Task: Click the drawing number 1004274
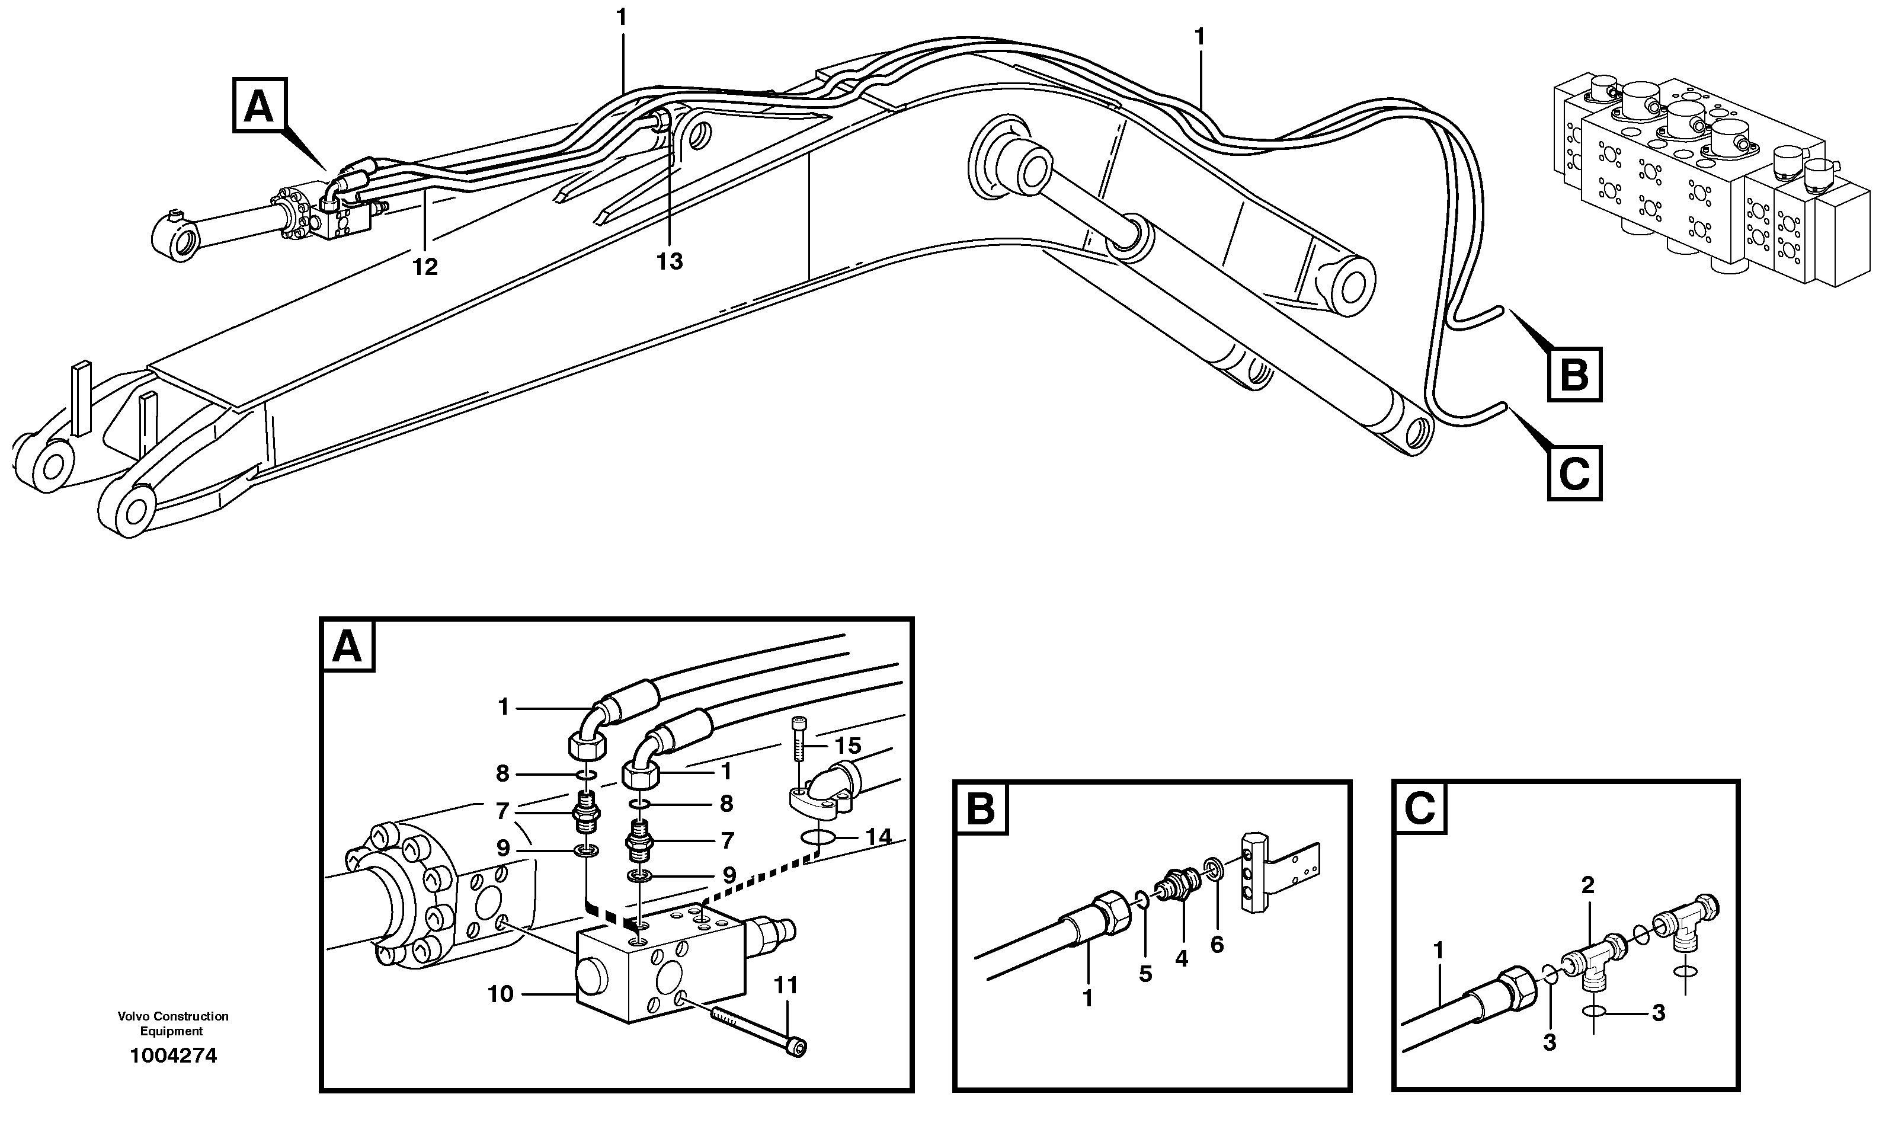click(173, 1055)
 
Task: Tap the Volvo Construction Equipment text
click(173, 1023)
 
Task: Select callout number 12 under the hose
click(425, 267)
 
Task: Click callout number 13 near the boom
click(670, 262)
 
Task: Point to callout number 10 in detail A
click(500, 994)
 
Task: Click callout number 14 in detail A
click(878, 837)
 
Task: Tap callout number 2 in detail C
click(1587, 885)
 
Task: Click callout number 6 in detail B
click(1217, 945)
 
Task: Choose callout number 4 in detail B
click(1181, 958)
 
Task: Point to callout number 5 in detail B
click(1145, 974)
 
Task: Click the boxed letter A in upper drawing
click(259, 106)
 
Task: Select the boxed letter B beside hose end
click(1574, 374)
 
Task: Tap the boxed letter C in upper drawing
click(1574, 474)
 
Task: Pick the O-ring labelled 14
click(818, 837)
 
